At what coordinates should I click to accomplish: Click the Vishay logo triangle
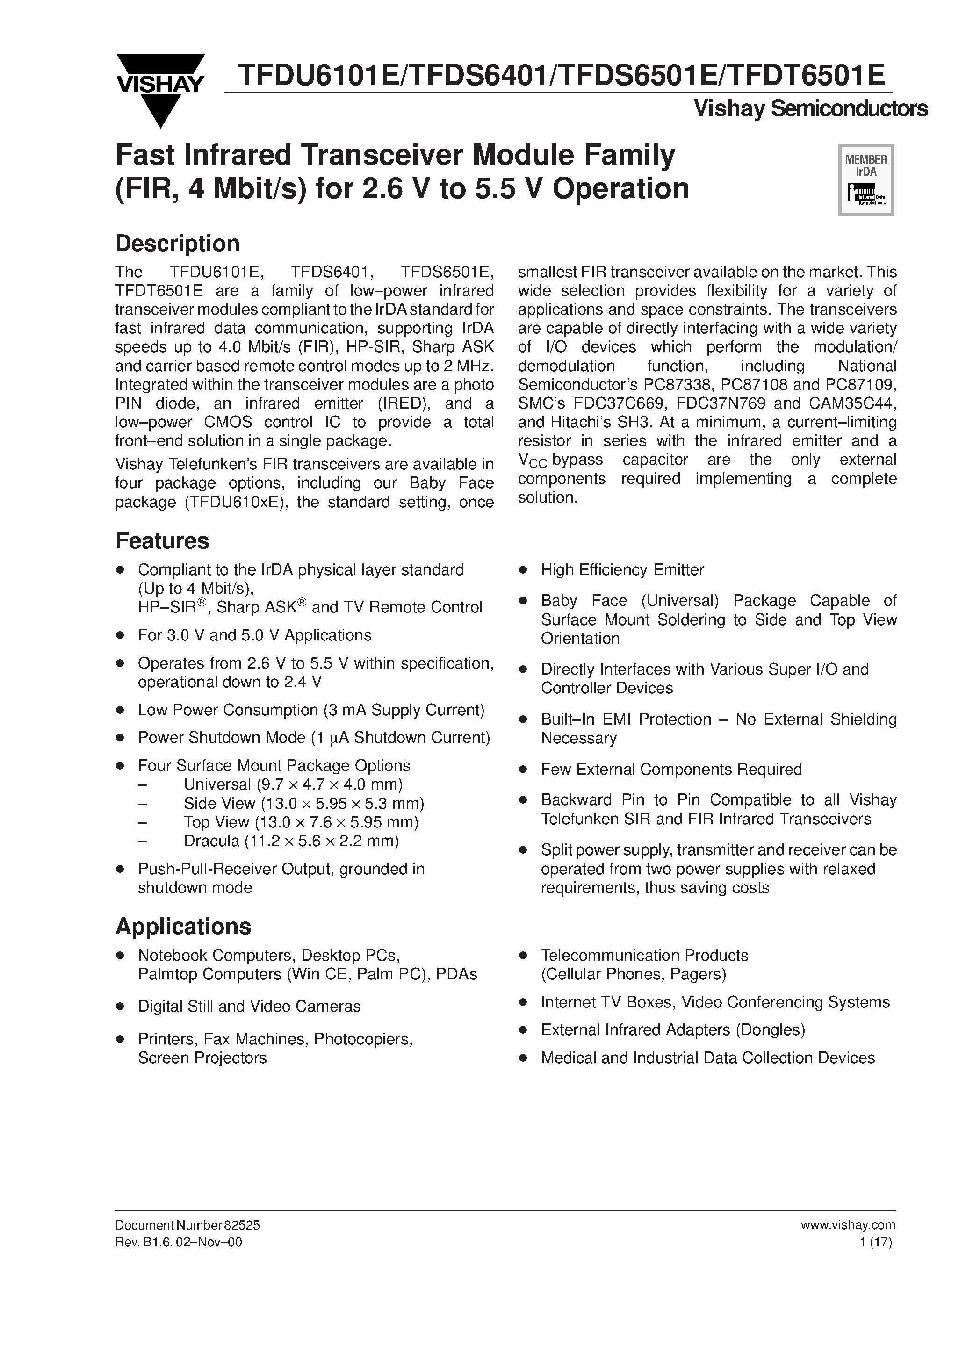point(159,89)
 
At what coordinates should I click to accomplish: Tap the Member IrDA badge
point(866,179)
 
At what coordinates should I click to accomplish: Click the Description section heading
point(178,244)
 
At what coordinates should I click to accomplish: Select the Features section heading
point(162,540)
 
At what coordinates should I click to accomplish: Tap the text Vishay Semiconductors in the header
point(811,108)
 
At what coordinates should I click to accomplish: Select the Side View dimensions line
point(304,803)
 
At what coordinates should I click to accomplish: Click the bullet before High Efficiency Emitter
point(523,570)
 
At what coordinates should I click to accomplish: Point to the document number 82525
point(241,1225)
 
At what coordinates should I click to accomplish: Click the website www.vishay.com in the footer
point(848,1225)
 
